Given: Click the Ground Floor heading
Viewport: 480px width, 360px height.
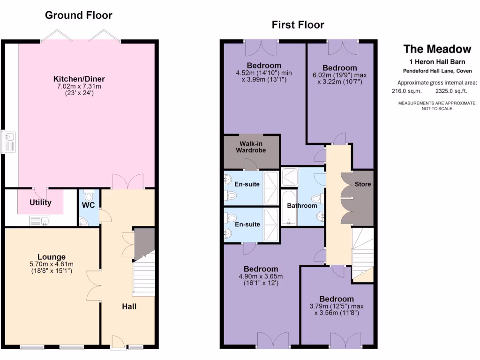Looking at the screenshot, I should pos(78,15).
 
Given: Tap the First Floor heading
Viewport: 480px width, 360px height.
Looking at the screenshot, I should pos(298,25).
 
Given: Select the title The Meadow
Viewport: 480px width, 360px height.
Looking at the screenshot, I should pos(437,49).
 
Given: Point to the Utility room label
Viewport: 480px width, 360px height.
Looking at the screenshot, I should pos(40,202).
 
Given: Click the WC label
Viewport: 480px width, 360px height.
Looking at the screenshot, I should pos(89,205).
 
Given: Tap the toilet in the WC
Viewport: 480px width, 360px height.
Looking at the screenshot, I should pos(90,193).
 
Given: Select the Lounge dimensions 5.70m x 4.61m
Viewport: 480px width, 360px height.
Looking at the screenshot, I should pos(52,264).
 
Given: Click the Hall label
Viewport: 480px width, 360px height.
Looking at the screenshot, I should pos(129,307).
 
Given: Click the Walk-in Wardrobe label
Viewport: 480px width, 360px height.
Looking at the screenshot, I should pos(253,147).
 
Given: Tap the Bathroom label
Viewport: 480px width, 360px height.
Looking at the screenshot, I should pos(302,205).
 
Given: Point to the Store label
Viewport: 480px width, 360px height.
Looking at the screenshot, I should pos(362,184).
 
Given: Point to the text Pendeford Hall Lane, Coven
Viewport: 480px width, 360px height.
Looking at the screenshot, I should pos(437,71).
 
